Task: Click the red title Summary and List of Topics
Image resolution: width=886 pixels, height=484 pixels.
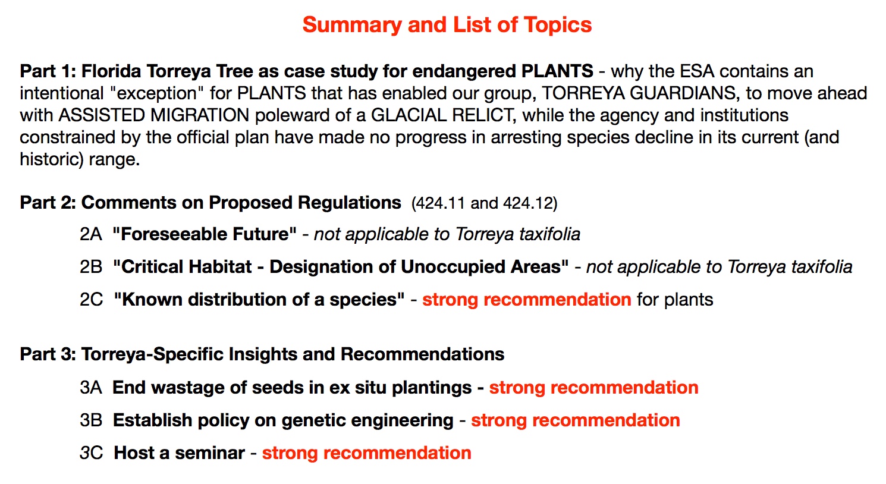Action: tap(447, 25)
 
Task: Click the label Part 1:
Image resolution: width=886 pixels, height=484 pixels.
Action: tap(48, 71)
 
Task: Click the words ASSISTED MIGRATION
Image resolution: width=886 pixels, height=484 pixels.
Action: tap(154, 115)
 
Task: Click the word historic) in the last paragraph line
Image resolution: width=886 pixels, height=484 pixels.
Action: tap(52, 159)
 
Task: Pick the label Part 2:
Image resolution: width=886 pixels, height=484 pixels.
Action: tap(48, 202)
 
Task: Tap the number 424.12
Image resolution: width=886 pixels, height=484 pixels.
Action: tap(527, 203)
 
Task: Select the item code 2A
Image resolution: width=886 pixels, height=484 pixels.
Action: tap(91, 234)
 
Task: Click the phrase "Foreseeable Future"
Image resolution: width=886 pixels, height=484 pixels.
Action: tap(205, 234)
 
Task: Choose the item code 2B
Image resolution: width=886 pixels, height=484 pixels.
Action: tap(91, 267)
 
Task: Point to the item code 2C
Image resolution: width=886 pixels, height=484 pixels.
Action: tap(92, 300)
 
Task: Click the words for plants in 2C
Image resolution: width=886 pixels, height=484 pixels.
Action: tap(675, 300)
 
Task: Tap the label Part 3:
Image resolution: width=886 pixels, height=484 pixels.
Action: tap(48, 354)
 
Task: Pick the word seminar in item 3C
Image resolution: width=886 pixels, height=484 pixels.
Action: tap(210, 453)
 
